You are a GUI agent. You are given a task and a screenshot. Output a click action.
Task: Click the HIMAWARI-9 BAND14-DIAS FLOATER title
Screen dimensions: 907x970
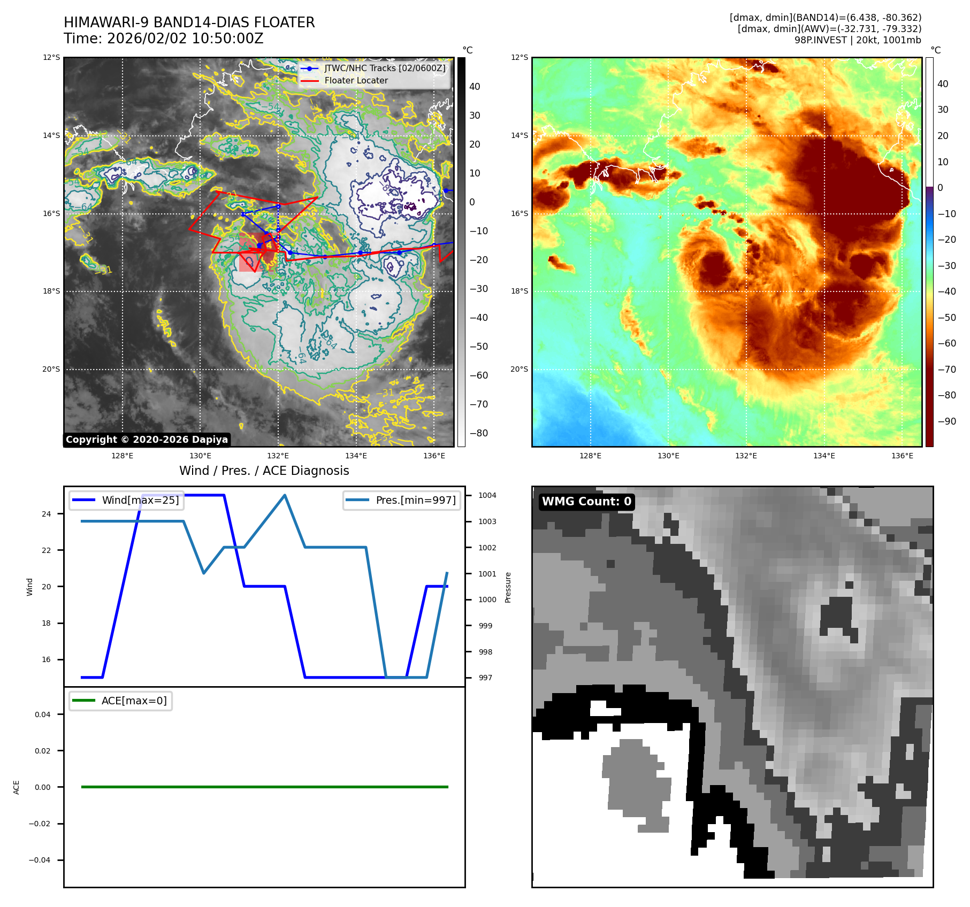point(189,22)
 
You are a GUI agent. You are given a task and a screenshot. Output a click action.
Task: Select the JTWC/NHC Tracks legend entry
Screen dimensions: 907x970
point(384,68)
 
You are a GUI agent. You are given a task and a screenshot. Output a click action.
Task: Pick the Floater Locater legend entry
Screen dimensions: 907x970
point(356,81)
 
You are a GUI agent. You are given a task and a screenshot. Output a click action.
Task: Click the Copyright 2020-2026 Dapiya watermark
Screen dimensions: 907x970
point(147,440)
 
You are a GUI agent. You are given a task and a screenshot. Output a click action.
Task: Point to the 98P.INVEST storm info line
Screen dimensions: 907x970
point(857,40)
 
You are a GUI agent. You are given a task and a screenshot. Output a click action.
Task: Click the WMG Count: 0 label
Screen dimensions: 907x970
point(586,502)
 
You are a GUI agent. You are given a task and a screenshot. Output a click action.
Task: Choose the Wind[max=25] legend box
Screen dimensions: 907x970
point(126,501)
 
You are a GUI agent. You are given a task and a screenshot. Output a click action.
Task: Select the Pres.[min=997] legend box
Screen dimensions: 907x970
point(401,501)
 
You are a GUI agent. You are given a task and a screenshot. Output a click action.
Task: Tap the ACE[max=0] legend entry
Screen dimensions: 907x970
point(121,701)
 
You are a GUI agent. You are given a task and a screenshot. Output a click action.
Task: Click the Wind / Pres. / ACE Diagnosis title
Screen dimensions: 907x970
point(264,471)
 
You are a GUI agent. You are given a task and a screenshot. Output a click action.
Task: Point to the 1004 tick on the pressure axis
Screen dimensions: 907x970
point(487,496)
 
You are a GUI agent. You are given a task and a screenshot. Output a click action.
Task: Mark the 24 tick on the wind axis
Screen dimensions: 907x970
point(47,514)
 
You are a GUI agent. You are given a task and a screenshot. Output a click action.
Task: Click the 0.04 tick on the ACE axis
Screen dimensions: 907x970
point(43,715)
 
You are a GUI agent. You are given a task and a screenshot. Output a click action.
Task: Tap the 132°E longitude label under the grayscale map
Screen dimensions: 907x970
point(278,456)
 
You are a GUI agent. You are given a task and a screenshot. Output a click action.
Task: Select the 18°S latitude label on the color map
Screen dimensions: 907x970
point(519,291)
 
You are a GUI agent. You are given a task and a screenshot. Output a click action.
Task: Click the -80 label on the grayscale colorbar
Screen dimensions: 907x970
point(478,433)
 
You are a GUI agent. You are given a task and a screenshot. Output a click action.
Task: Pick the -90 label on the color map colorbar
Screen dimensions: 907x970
point(946,421)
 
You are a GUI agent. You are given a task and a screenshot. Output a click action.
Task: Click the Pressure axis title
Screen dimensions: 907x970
point(508,587)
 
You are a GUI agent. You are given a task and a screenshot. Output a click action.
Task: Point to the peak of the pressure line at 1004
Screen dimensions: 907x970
point(285,496)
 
